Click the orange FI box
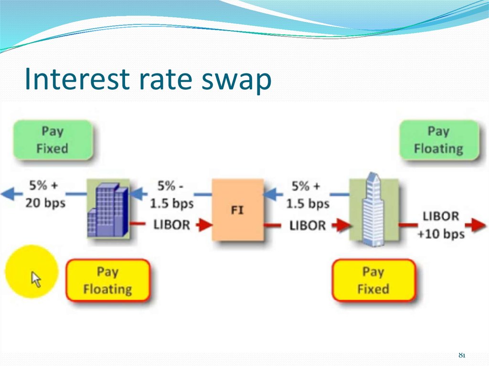pos(238,209)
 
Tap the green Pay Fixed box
pos(53,140)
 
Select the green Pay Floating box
pos(439,140)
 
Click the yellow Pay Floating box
pos(108,280)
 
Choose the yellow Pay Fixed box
pos(373,280)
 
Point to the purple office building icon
pos(108,209)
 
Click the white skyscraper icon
pos(373,209)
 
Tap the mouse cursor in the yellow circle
pos(36,279)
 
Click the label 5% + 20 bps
pos(45,194)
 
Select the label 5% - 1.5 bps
pos(171,195)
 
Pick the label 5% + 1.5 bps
pos(308,195)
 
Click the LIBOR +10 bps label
pos(441,225)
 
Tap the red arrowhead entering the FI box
pos(204,225)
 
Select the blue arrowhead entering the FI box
pos(272,195)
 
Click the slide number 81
pos(462,355)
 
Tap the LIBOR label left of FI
pos(171,225)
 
